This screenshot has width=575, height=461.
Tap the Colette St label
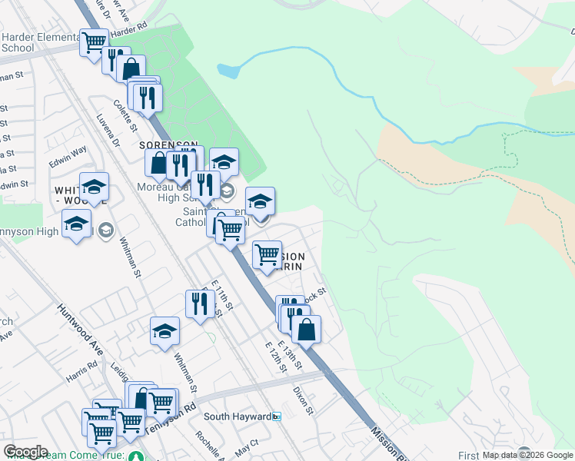(x=125, y=116)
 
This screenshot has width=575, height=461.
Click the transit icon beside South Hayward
(x=277, y=416)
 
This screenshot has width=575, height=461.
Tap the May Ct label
(x=248, y=446)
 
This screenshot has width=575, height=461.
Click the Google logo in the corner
(x=25, y=452)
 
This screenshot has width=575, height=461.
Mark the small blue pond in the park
(x=228, y=71)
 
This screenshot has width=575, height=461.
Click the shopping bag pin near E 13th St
(x=306, y=329)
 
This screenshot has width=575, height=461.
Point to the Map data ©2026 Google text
(x=528, y=455)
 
